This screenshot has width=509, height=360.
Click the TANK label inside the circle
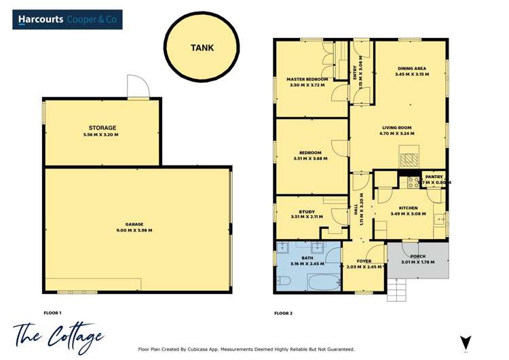(202, 48)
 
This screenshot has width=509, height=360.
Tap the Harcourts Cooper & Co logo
(68, 20)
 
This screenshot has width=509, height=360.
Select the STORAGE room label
(102, 128)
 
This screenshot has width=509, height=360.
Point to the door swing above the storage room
(137, 87)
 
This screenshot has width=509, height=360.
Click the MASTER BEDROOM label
(307, 79)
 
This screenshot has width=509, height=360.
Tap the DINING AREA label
(411, 68)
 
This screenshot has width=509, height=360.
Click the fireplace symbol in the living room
(409, 160)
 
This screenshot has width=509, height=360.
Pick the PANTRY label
(434, 177)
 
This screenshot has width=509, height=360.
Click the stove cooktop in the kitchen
(412, 182)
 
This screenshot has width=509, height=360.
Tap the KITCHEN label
(408, 208)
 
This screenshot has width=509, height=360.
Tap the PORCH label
(413, 257)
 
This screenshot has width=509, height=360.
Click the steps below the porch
(396, 291)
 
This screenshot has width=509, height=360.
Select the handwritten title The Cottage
(58, 335)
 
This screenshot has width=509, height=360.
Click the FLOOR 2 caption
(284, 313)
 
